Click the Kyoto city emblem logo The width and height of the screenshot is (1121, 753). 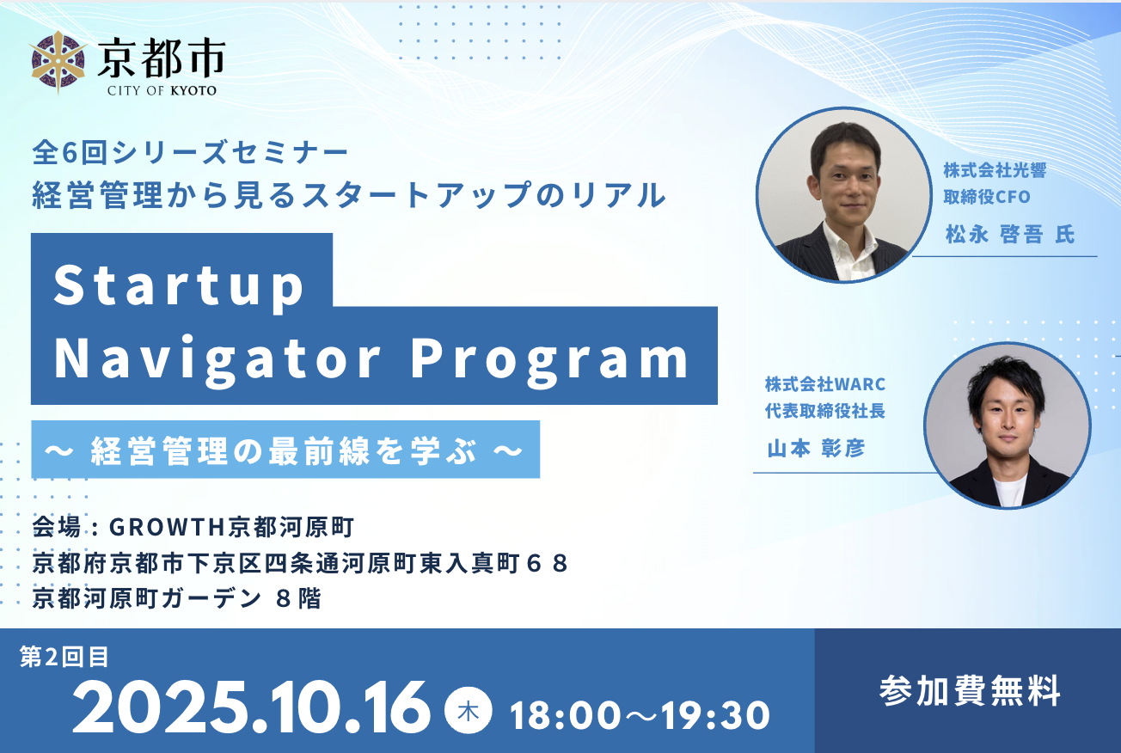click(58, 63)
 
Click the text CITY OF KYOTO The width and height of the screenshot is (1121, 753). click(162, 90)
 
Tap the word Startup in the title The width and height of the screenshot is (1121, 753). click(179, 285)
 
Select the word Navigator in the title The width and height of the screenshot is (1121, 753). click(217, 358)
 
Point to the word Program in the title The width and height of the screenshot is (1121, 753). click(550, 359)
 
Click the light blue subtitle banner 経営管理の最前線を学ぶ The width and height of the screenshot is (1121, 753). click(285, 450)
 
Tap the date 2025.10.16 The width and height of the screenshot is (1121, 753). click(251, 708)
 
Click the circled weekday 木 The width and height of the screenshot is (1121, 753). click(468, 712)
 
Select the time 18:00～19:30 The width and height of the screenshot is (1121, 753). click(640, 715)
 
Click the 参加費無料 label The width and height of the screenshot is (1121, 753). click(970, 691)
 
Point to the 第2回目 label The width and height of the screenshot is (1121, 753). click(64, 657)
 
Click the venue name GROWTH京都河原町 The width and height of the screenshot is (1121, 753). click(232, 527)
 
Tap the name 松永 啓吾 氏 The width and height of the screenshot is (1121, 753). click(1010, 234)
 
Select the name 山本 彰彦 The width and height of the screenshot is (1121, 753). click(816, 449)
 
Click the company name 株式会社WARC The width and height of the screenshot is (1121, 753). click(825, 384)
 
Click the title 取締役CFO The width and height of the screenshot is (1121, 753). click(987, 197)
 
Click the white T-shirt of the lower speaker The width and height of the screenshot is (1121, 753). click(1009, 487)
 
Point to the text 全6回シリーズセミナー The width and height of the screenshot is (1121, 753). click(190, 153)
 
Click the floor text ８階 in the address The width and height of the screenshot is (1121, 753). click(299, 598)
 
